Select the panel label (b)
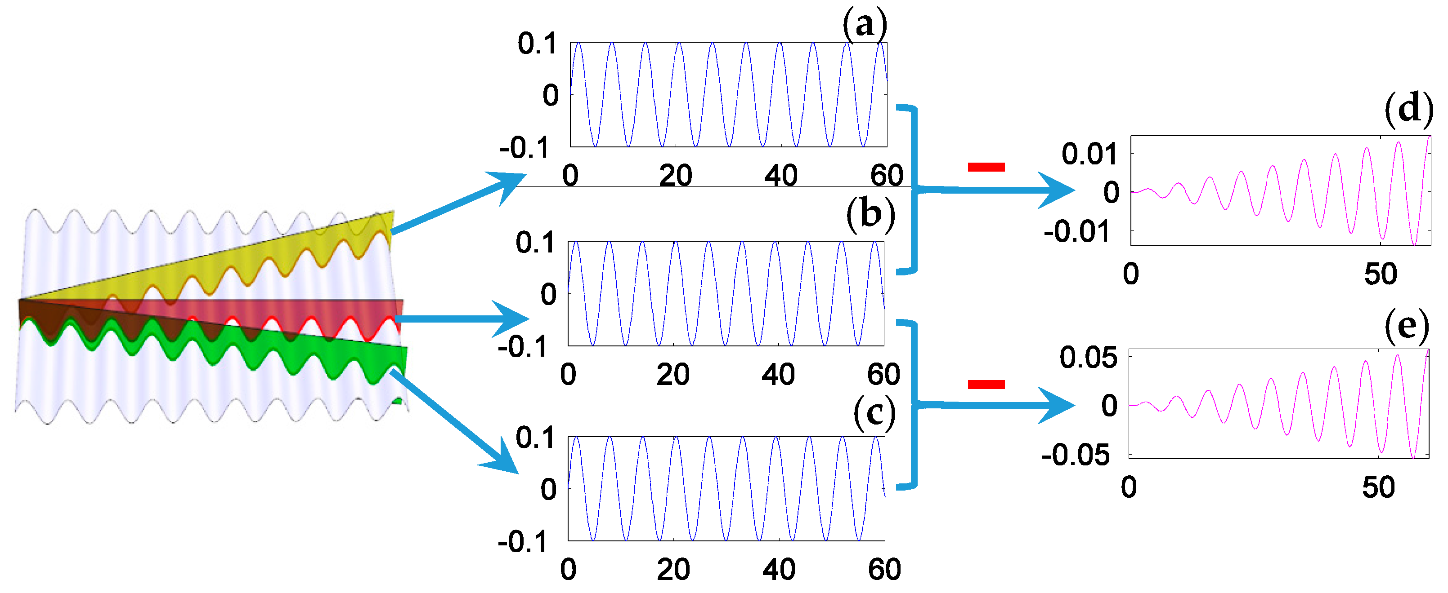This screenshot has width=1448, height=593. click(x=870, y=215)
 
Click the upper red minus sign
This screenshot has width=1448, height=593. click(x=986, y=167)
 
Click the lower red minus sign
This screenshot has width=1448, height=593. click(x=986, y=384)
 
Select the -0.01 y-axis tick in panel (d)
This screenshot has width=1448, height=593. click(x=1076, y=231)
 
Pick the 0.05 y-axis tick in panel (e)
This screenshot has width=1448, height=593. click(x=1088, y=358)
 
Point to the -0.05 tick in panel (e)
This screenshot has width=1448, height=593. click(x=1076, y=455)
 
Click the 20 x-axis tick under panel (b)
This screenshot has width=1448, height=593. click(x=673, y=375)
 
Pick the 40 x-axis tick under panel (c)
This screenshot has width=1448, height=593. click(x=779, y=570)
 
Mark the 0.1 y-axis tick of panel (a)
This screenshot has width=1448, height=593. click(x=537, y=44)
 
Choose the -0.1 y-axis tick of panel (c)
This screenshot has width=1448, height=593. click(x=522, y=542)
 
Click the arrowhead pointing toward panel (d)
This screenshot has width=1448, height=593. click(x=1058, y=190)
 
